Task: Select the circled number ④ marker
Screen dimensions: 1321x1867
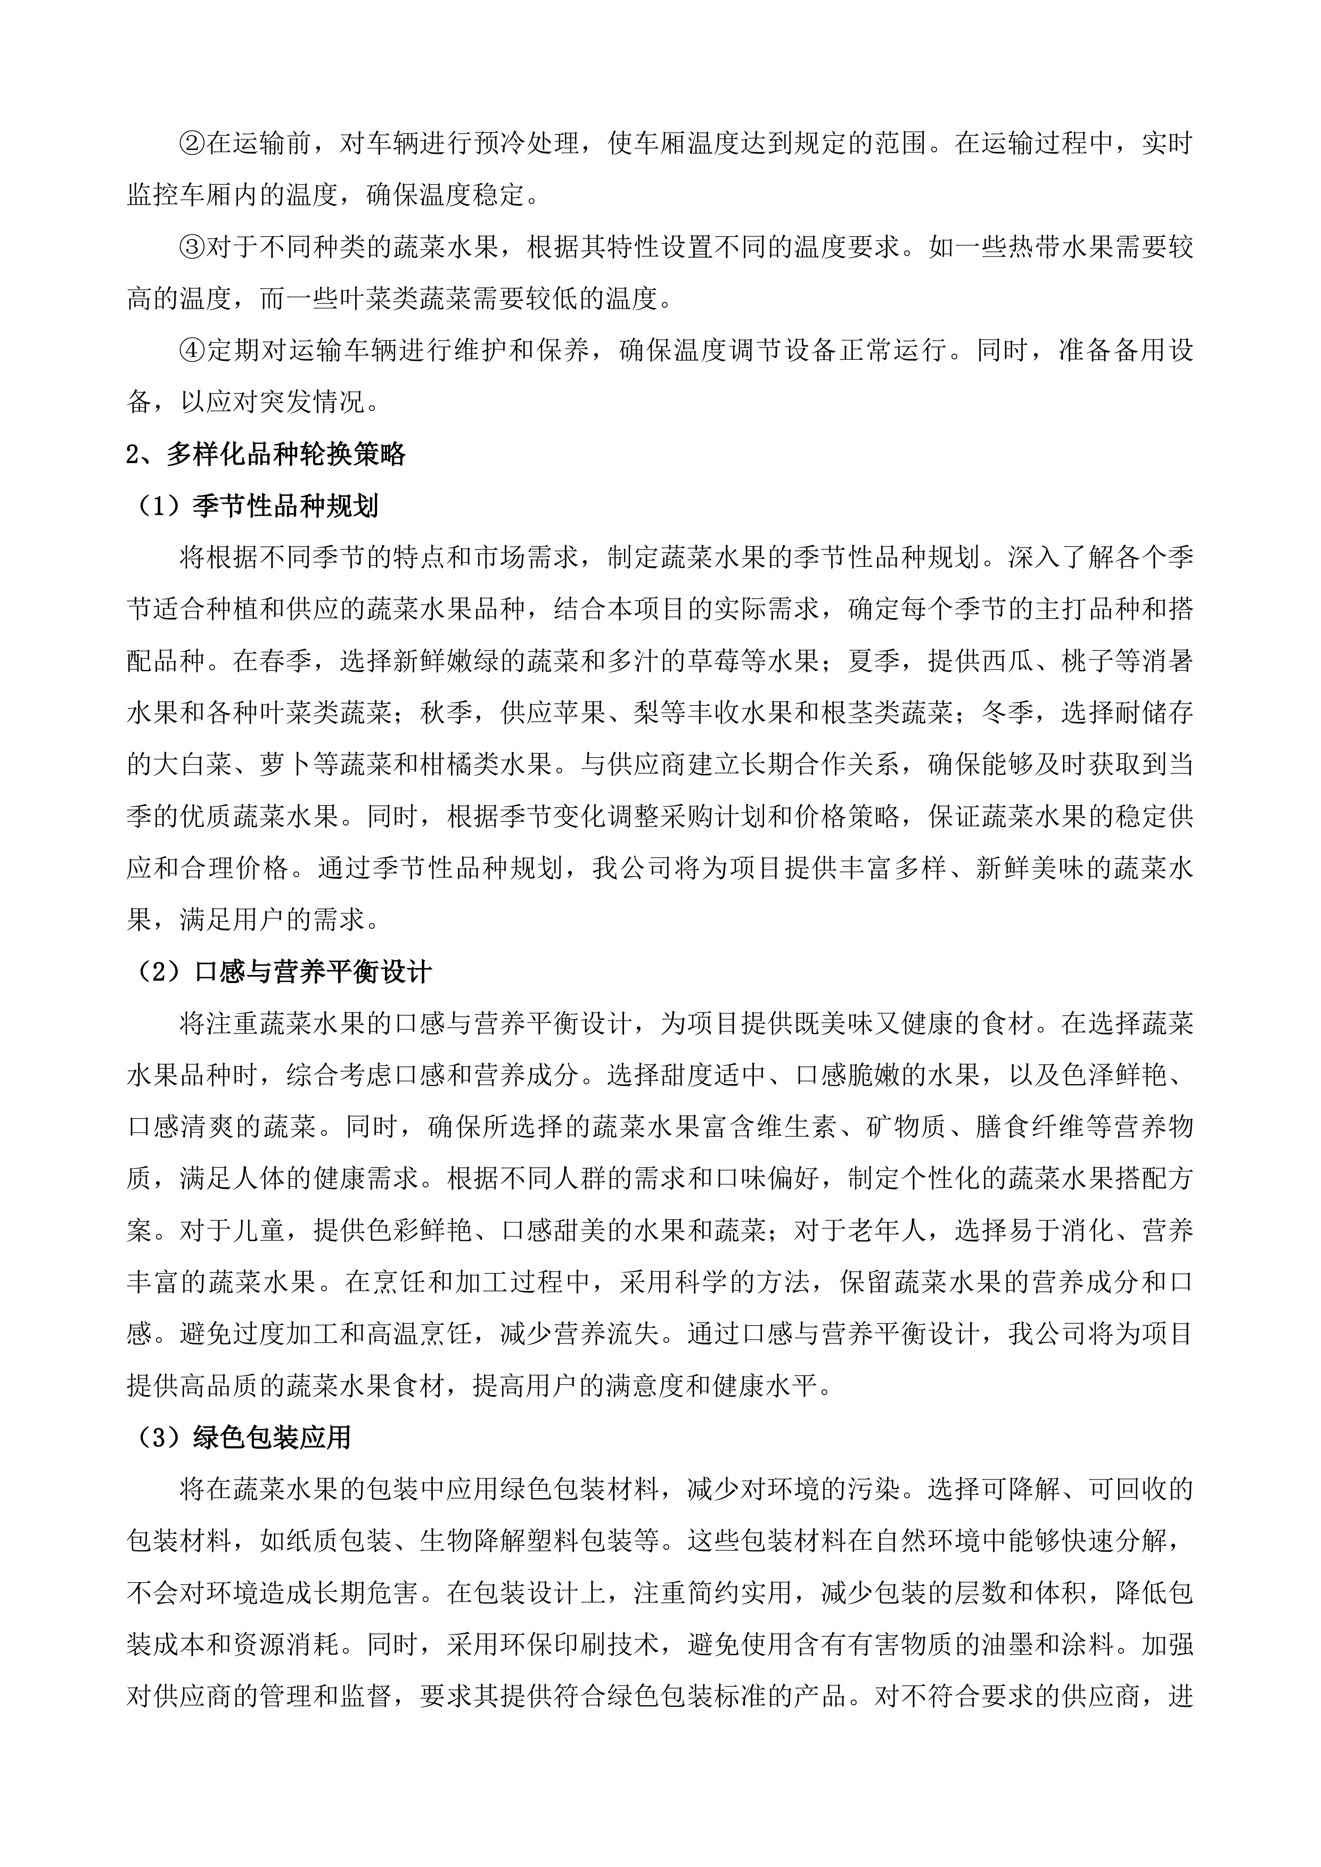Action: (193, 351)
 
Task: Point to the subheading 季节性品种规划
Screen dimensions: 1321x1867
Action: (285, 507)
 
